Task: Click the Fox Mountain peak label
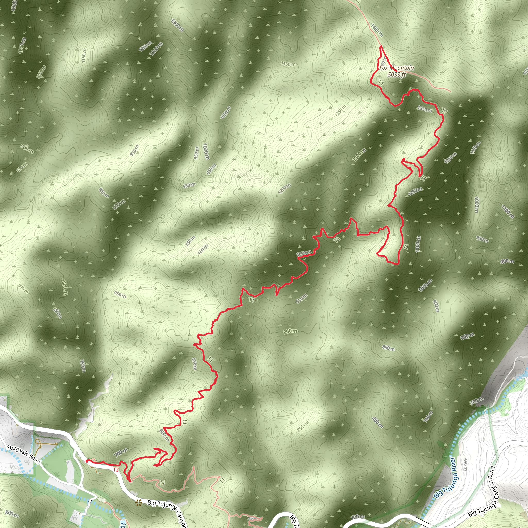coord(396,68)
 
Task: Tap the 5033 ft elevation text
coord(397,74)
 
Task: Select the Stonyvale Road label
coord(24,455)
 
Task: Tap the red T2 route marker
coord(115,470)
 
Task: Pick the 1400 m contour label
coord(377,30)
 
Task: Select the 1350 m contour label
coord(425,109)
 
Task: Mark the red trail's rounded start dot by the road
coord(87,461)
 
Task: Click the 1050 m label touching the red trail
coord(304,253)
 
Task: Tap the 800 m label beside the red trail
coord(164,435)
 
